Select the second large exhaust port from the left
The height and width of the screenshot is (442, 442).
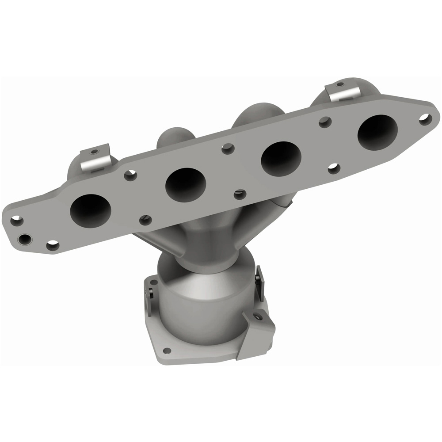pos(186,183)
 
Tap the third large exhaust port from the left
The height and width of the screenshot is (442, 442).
pos(281,158)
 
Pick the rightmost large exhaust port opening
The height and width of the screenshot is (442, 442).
pos(377,132)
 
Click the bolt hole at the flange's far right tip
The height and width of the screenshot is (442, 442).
pos(425,118)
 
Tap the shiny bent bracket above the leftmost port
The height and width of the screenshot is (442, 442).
pos(95,160)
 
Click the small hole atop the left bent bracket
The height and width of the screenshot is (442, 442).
pos(93,151)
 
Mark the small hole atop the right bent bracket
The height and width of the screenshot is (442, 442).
pos(340,84)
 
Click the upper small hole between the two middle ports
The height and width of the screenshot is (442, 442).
pos(228,149)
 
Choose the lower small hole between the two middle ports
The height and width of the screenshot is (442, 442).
pos(240,194)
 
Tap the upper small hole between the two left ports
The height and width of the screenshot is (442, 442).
pos(130,175)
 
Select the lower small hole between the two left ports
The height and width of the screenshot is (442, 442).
pos(145,220)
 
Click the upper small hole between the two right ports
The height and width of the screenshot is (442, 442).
pos(325,122)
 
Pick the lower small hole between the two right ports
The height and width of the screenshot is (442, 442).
pos(334,168)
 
